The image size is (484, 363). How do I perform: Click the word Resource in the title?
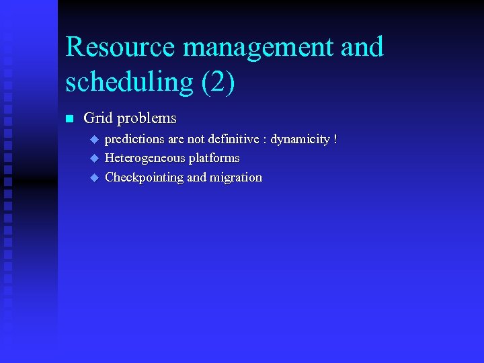(120, 47)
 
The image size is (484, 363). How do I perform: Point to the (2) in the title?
(218, 82)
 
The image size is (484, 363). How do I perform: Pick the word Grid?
(97, 119)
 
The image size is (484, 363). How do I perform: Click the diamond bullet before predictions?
(94, 139)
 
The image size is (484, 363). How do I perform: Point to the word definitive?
(232, 139)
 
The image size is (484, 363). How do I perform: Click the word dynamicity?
(300, 139)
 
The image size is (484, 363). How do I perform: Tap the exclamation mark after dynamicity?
(335, 139)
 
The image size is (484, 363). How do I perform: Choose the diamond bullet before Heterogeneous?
(94, 158)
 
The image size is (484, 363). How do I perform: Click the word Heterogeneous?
(145, 158)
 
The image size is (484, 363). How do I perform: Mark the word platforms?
(214, 158)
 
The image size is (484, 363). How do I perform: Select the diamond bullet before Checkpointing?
(94, 177)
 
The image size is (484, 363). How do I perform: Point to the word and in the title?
(362, 47)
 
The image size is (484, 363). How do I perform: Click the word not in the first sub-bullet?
(196, 139)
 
